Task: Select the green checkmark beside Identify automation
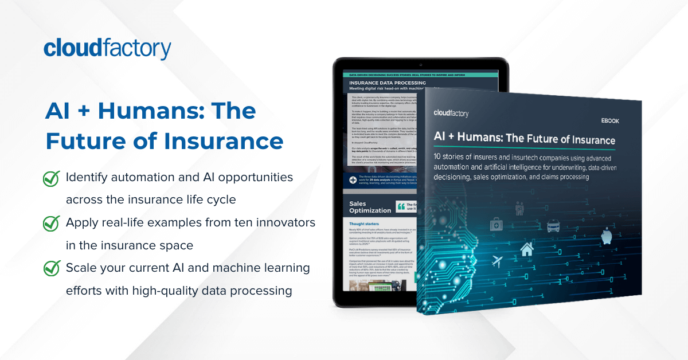point(52,179)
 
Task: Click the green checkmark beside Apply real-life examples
point(52,224)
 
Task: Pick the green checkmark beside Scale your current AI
point(52,268)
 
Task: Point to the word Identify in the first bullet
point(88,178)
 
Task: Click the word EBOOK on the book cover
point(609,121)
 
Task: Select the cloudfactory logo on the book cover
point(451,113)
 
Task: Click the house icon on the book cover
point(526,249)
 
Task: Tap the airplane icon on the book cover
point(498,261)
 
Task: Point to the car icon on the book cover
point(553,227)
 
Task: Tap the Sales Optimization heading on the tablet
point(370,207)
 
